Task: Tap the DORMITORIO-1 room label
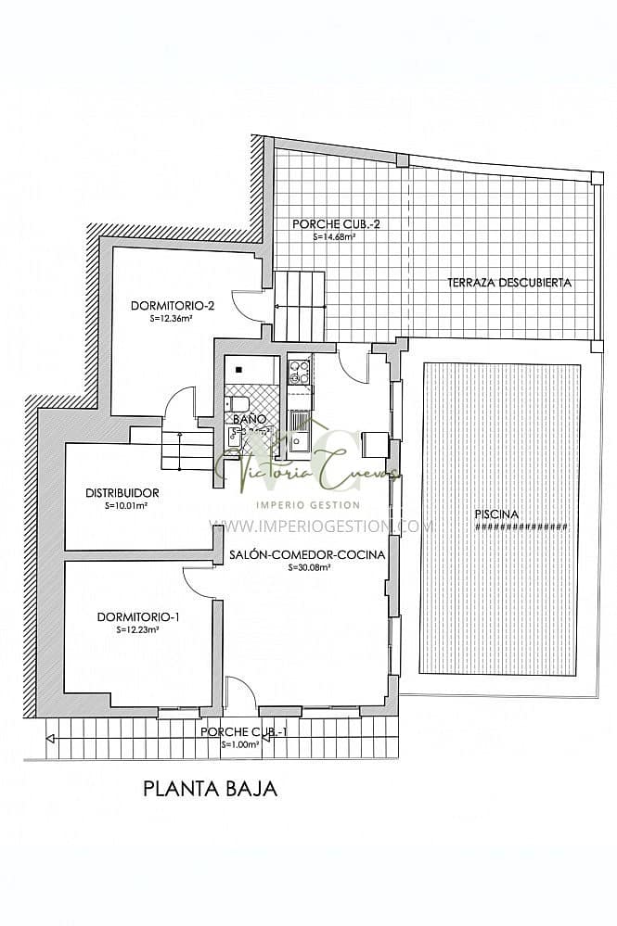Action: [x=138, y=616]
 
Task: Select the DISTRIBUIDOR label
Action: [x=122, y=493]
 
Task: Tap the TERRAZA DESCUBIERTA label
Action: [x=508, y=283]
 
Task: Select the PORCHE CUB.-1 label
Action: [x=243, y=732]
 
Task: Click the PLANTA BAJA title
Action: [x=211, y=789]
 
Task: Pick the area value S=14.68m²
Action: [x=335, y=236]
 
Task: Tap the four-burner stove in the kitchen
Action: [x=299, y=372]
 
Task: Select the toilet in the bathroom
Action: [x=235, y=403]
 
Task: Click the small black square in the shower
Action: [x=238, y=370]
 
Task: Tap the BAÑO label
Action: [x=250, y=419]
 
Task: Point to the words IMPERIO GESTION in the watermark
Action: [x=307, y=504]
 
